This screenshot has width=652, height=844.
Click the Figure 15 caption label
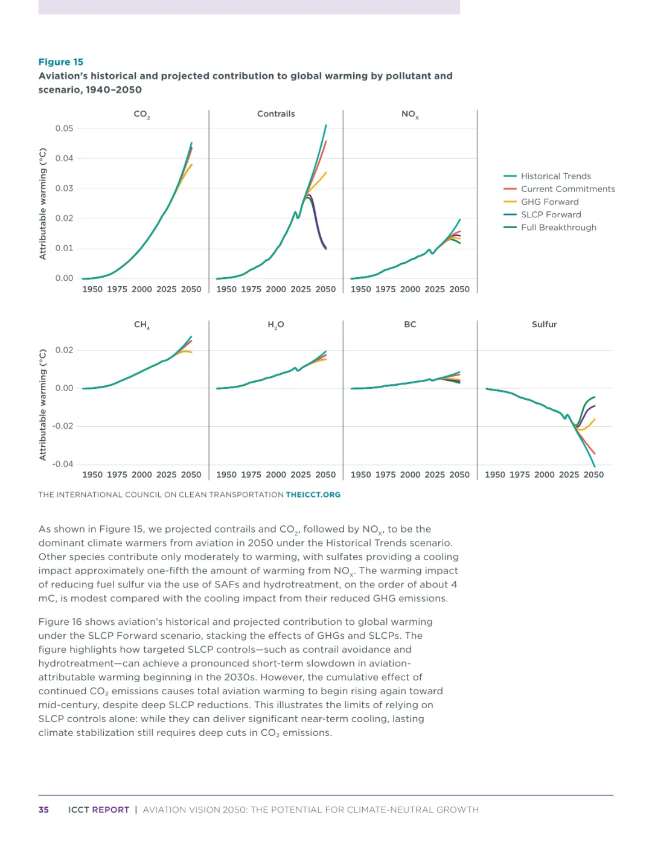click(x=61, y=62)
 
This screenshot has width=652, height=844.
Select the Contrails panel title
click(x=276, y=113)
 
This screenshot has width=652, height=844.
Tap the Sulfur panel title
click(x=544, y=324)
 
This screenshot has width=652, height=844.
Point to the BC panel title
click(x=410, y=324)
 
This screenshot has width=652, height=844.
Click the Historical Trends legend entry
click(x=555, y=176)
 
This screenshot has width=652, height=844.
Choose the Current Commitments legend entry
click(x=567, y=189)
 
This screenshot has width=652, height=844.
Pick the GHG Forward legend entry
click(x=549, y=202)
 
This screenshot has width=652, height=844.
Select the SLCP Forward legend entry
click(x=551, y=214)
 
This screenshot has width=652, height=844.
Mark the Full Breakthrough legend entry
click(x=558, y=228)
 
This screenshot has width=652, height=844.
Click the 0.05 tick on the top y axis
click(x=64, y=129)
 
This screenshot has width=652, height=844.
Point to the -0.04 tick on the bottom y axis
click(x=63, y=464)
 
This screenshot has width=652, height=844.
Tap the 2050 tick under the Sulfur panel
click(x=593, y=475)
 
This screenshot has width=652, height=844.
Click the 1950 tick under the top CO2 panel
click(x=92, y=289)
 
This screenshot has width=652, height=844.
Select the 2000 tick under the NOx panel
click(x=410, y=289)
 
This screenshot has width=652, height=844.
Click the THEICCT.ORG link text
click(x=313, y=494)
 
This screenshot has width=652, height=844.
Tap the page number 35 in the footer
click(x=43, y=810)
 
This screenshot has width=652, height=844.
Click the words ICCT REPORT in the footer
click(x=98, y=810)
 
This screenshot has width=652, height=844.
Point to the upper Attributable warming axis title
click(x=43, y=203)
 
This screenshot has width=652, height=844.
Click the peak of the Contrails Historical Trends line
click(x=326, y=126)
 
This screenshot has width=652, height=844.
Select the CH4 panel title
click(x=141, y=325)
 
